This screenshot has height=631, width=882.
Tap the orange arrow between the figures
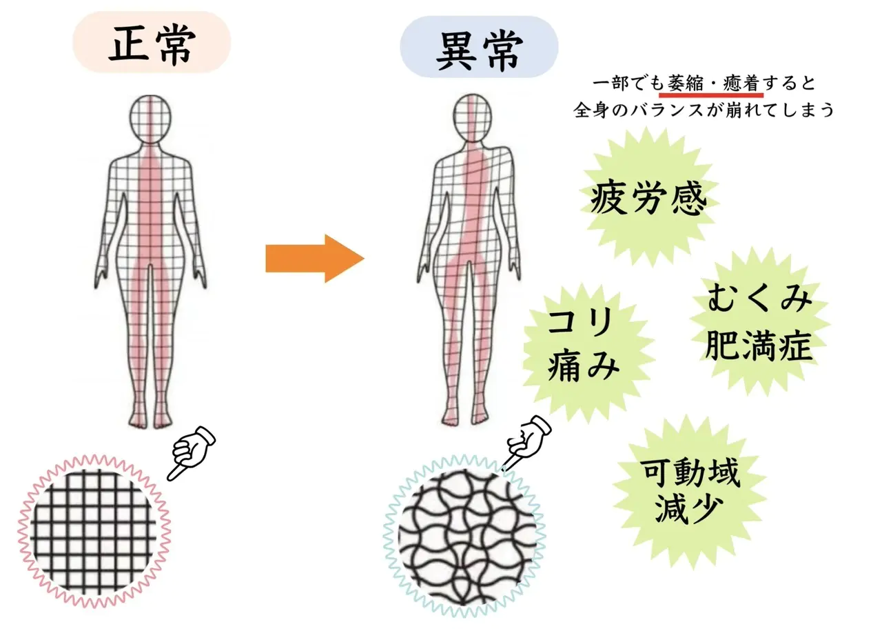315,259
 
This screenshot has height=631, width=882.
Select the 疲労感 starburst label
648,197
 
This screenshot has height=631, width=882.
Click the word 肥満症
759,345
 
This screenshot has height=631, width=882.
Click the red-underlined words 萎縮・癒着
711,83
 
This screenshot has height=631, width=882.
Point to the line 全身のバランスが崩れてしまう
704,110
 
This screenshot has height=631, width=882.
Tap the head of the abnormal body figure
472,117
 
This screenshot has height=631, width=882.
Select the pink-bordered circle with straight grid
94,531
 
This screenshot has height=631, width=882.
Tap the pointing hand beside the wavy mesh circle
526,442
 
